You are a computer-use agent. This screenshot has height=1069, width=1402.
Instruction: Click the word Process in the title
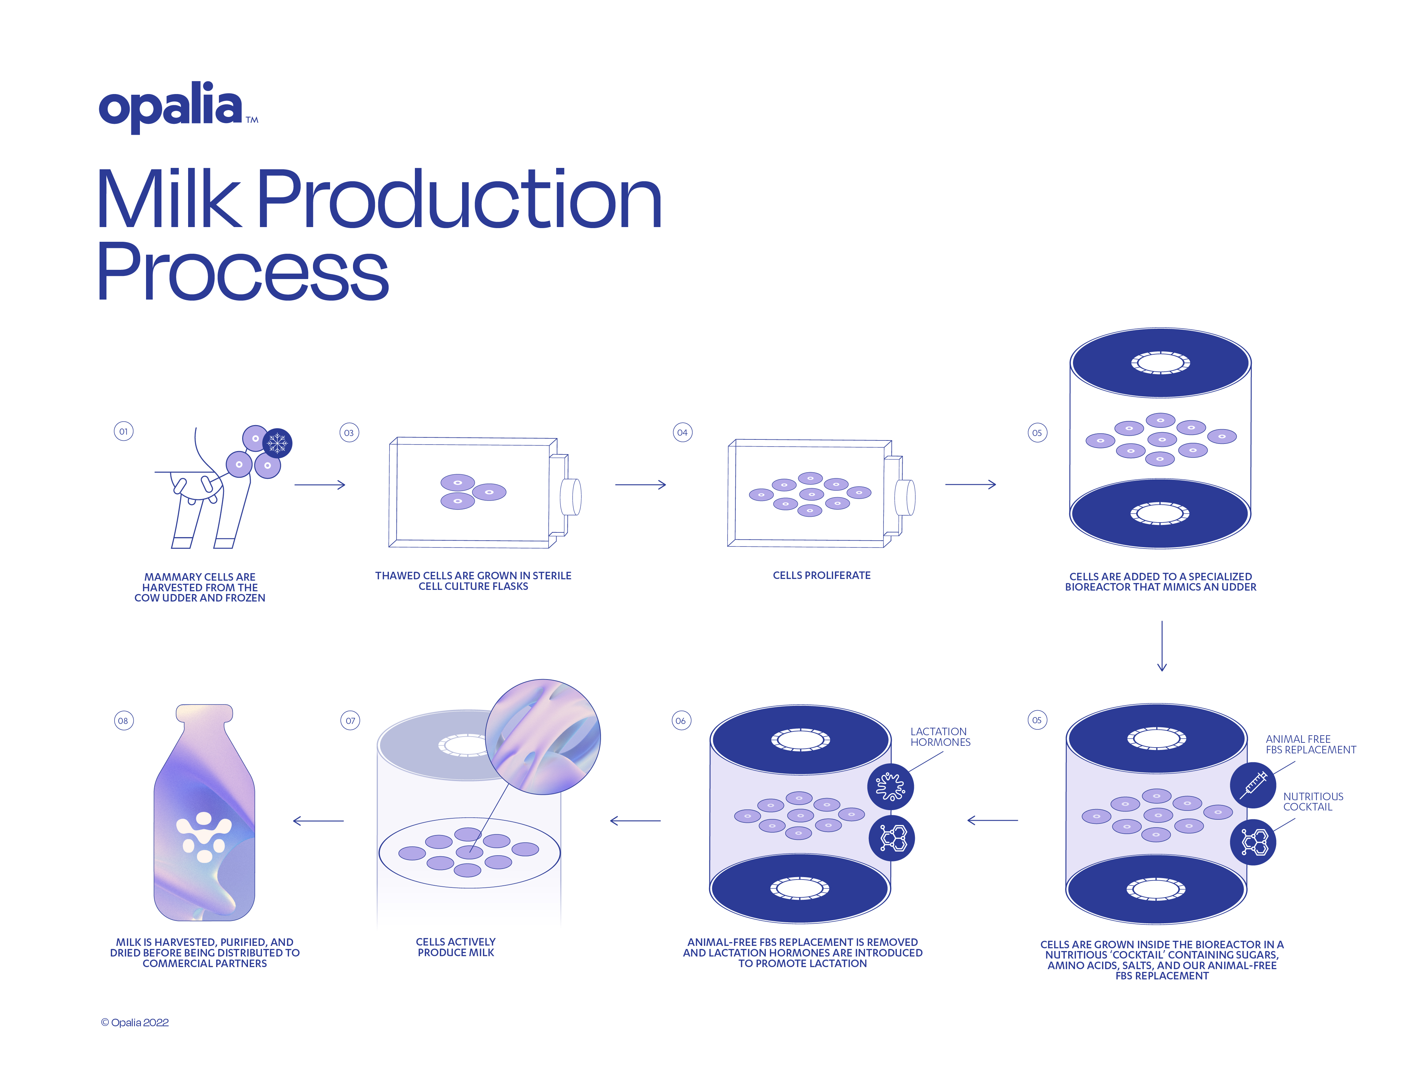243,272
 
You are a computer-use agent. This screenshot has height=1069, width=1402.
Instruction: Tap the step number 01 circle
123,432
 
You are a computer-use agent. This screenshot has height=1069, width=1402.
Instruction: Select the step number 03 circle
349,433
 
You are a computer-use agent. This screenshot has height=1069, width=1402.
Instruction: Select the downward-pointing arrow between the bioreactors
1162,646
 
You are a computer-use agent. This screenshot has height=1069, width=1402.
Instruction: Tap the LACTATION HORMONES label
940,737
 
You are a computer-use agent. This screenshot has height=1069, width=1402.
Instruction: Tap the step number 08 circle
123,721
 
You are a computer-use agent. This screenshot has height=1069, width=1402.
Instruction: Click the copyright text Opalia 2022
135,1022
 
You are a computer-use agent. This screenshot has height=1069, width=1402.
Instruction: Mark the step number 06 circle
681,721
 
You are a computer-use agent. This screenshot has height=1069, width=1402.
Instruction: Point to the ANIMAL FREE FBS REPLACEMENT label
1310,744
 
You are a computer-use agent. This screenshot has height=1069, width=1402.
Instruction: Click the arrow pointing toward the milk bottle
318,821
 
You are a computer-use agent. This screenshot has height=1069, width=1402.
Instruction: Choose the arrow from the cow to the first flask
319,485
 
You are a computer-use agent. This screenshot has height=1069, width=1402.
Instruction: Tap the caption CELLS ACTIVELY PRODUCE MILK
456,947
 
